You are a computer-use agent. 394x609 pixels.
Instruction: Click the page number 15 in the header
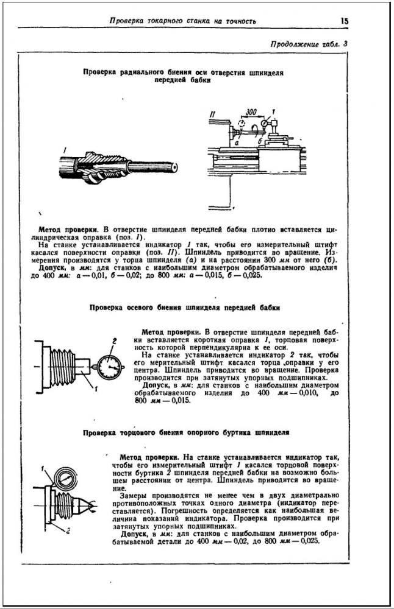pyautogui.click(x=345, y=21)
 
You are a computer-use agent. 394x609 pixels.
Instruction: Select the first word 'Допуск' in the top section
pyautogui.click(x=52, y=267)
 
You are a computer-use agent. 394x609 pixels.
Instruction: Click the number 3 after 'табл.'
pyautogui.click(x=345, y=44)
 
